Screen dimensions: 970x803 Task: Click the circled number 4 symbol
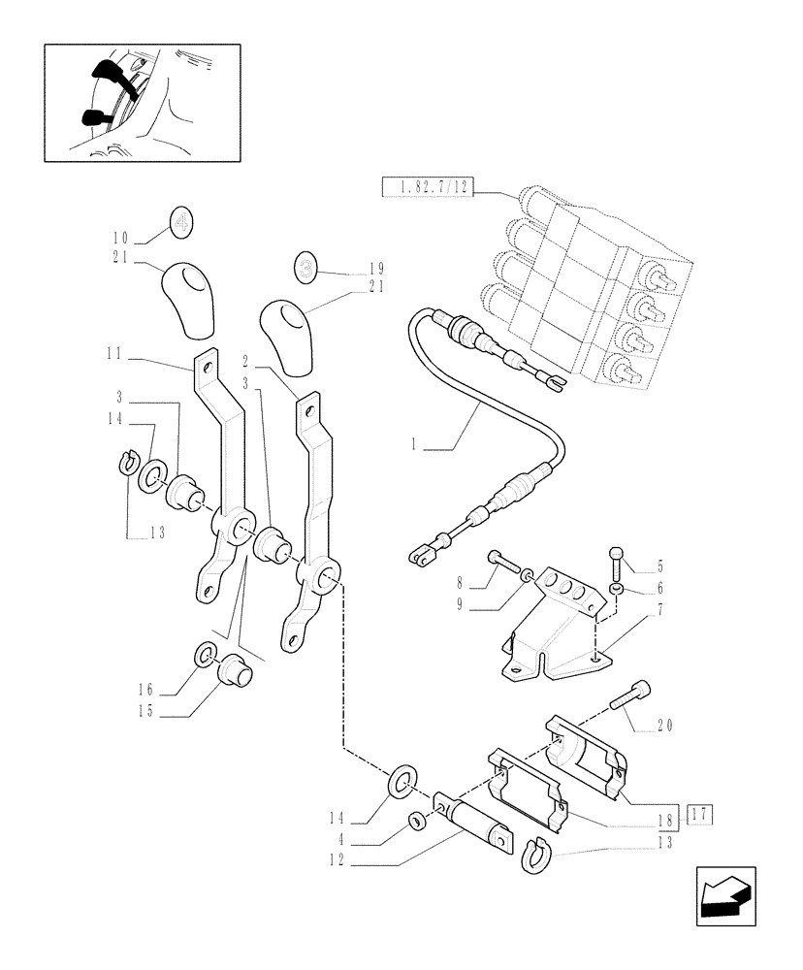click(x=181, y=223)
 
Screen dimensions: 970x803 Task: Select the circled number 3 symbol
click(x=306, y=268)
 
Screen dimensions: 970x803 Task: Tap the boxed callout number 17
click(x=700, y=816)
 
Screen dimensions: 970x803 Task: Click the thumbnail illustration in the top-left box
click(x=143, y=102)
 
